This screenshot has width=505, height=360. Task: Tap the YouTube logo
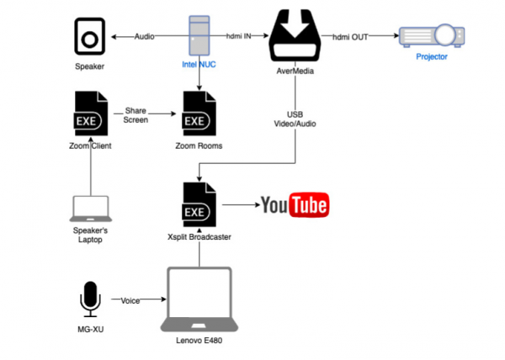click(x=294, y=205)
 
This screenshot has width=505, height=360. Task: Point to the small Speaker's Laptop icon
click(x=90, y=209)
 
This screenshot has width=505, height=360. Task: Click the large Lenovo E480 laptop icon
click(x=199, y=300)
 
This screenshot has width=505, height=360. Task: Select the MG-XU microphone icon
click(x=89, y=299)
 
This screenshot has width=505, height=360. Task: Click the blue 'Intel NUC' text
click(x=199, y=64)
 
